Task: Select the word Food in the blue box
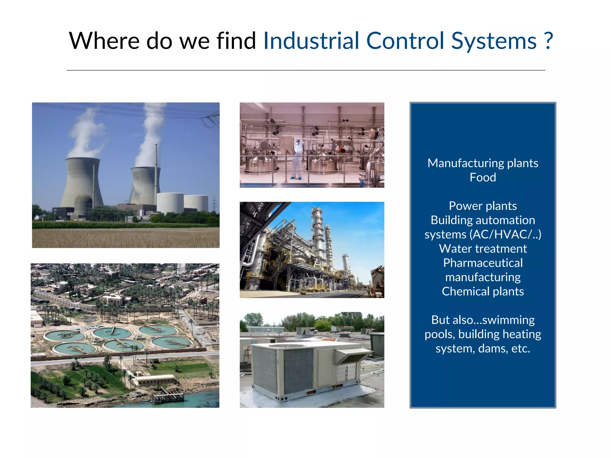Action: click(483, 177)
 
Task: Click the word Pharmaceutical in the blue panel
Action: click(483, 263)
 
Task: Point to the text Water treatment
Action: click(483, 249)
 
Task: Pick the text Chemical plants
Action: click(483, 291)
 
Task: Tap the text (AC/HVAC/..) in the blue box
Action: click(505, 234)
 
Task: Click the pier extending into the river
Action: click(167, 396)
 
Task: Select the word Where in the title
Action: click(104, 41)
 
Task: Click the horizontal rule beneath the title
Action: click(305, 70)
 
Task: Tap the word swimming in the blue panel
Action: click(508, 320)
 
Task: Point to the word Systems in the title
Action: click(494, 41)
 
